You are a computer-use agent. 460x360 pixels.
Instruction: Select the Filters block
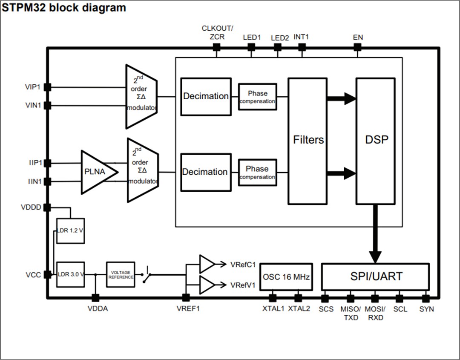[308, 141]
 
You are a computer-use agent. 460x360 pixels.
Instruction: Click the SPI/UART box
[375, 276]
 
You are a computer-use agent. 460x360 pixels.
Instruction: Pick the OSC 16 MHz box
[286, 276]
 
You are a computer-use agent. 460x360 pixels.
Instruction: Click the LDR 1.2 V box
[70, 231]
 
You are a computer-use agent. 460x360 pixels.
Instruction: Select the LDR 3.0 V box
[70, 274]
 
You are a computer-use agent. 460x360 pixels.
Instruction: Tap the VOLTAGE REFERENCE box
[121, 274]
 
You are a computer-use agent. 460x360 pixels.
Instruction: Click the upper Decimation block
[206, 97]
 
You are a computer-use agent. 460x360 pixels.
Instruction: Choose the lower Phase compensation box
[257, 172]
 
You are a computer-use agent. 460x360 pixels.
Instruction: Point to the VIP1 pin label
[32, 87]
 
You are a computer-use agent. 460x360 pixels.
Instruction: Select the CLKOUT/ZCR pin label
[217, 32]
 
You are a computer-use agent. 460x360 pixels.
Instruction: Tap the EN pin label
[358, 37]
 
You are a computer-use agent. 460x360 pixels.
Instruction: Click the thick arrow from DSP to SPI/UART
[375, 234]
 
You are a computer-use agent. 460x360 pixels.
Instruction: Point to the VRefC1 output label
[243, 265]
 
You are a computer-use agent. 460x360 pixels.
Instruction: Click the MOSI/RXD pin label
[375, 313]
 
